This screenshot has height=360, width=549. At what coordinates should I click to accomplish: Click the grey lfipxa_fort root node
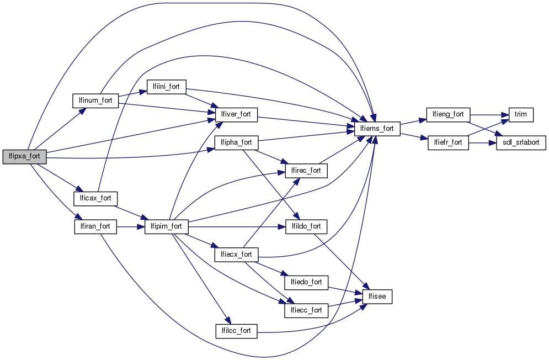pyautogui.click(x=24, y=156)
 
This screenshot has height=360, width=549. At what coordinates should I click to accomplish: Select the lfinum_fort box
pyautogui.click(x=96, y=100)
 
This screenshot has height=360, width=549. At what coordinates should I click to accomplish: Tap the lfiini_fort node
pyautogui.click(x=166, y=86)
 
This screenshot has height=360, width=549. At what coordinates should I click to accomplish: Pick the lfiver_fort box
pyautogui.click(x=236, y=114)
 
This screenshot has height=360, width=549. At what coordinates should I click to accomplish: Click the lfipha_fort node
pyautogui.click(x=236, y=142)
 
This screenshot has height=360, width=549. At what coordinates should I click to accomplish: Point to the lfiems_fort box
pyautogui.click(x=377, y=129)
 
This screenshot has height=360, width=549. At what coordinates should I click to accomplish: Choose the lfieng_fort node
pyautogui.click(x=447, y=114)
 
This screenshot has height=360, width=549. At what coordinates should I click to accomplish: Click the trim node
pyautogui.click(x=520, y=114)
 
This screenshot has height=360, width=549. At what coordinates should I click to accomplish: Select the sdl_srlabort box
pyautogui.click(x=521, y=142)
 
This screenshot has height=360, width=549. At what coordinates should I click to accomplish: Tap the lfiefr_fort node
pyautogui.click(x=447, y=142)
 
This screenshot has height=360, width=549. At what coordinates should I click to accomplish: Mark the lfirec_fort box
pyautogui.click(x=306, y=171)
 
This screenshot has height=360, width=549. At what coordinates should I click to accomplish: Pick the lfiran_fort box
pyautogui.click(x=95, y=226)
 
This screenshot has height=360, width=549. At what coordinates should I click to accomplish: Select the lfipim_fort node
pyautogui.click(x=167, y=226)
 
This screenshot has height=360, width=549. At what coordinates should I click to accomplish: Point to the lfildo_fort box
pyautogui.click(x=306, y=226)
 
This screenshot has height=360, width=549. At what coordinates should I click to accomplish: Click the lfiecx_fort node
pyautogui.click(x=236, y=255)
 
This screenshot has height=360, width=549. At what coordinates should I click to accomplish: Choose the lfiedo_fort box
pyautogui.click(x=306, y=282)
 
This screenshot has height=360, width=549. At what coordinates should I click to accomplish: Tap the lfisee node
pyautogui.click(x=377, y=297)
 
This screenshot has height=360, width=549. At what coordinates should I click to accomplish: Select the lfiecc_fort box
pyautogui.click(x=306, y=310)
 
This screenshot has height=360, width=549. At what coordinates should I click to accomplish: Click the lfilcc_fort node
pyautogui.click(x=236, y=331)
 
